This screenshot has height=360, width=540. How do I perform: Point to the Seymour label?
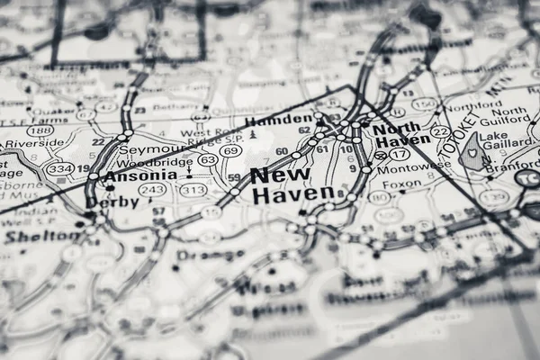click(157, 149)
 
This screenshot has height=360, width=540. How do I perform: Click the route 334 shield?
click(61, 168)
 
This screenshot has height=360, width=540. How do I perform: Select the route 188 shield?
click(39, 130)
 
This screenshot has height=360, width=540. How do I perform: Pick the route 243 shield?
click(152, 190)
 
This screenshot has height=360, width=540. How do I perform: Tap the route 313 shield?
click(193, 190)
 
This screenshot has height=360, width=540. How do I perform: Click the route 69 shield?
click(231, 151)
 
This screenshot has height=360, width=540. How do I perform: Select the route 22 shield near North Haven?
click(440, 131)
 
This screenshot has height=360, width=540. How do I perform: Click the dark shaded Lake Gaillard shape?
click(471, 154)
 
